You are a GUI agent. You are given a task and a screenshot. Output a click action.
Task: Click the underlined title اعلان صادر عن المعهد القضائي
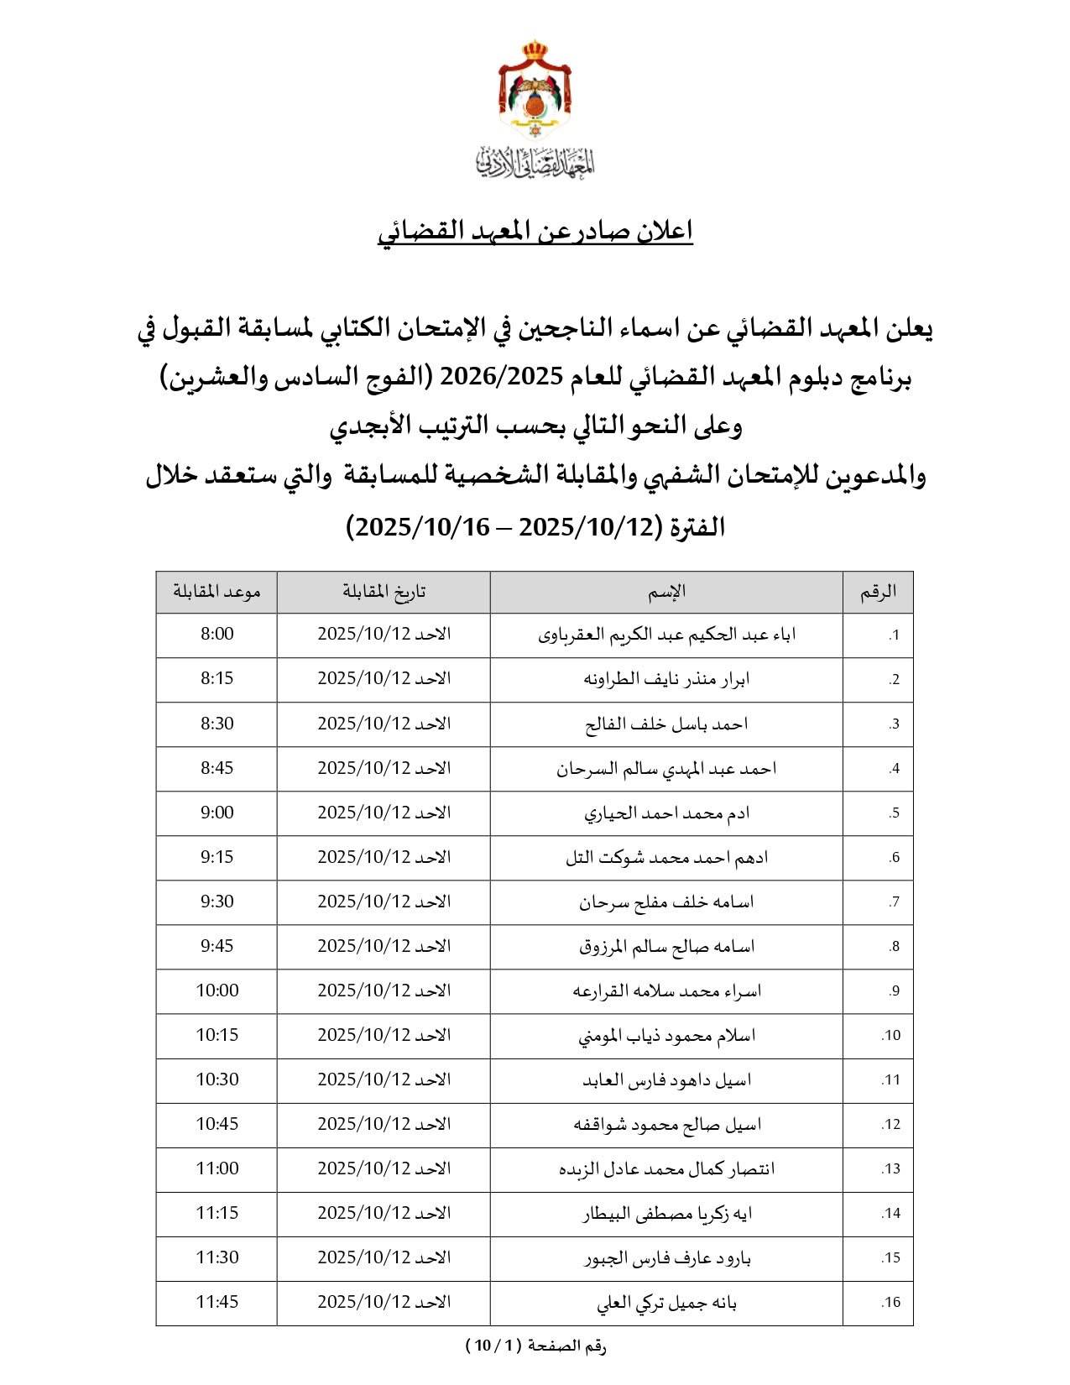(535, 232)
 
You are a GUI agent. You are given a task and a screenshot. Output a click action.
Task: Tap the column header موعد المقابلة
(217, 591)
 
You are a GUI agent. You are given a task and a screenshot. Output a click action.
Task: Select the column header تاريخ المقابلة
(384, 591)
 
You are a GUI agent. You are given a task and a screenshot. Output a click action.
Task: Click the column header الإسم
(666, 591)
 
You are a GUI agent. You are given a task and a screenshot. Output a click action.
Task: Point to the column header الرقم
(878, 591)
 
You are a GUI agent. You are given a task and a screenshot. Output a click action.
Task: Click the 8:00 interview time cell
(217, 635)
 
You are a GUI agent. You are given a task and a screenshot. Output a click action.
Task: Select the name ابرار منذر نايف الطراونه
(666, 679)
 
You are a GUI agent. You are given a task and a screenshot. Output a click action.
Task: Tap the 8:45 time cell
(217, 768)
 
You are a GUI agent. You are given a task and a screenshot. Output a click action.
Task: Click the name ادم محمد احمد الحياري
(666, 813)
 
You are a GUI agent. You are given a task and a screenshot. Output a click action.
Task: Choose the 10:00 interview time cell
(217, 990)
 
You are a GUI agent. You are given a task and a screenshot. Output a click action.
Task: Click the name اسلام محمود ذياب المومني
(666, 1035)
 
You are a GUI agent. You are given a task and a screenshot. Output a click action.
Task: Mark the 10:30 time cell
(217, 1079)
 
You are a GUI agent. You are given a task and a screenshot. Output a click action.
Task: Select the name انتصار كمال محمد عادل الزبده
(666, 1168)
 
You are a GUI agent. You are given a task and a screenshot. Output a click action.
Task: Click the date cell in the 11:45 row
(384, 1302)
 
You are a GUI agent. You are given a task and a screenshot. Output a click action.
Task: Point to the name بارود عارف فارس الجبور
(666, 1257)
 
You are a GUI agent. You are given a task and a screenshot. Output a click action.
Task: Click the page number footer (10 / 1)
(535, 1346)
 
